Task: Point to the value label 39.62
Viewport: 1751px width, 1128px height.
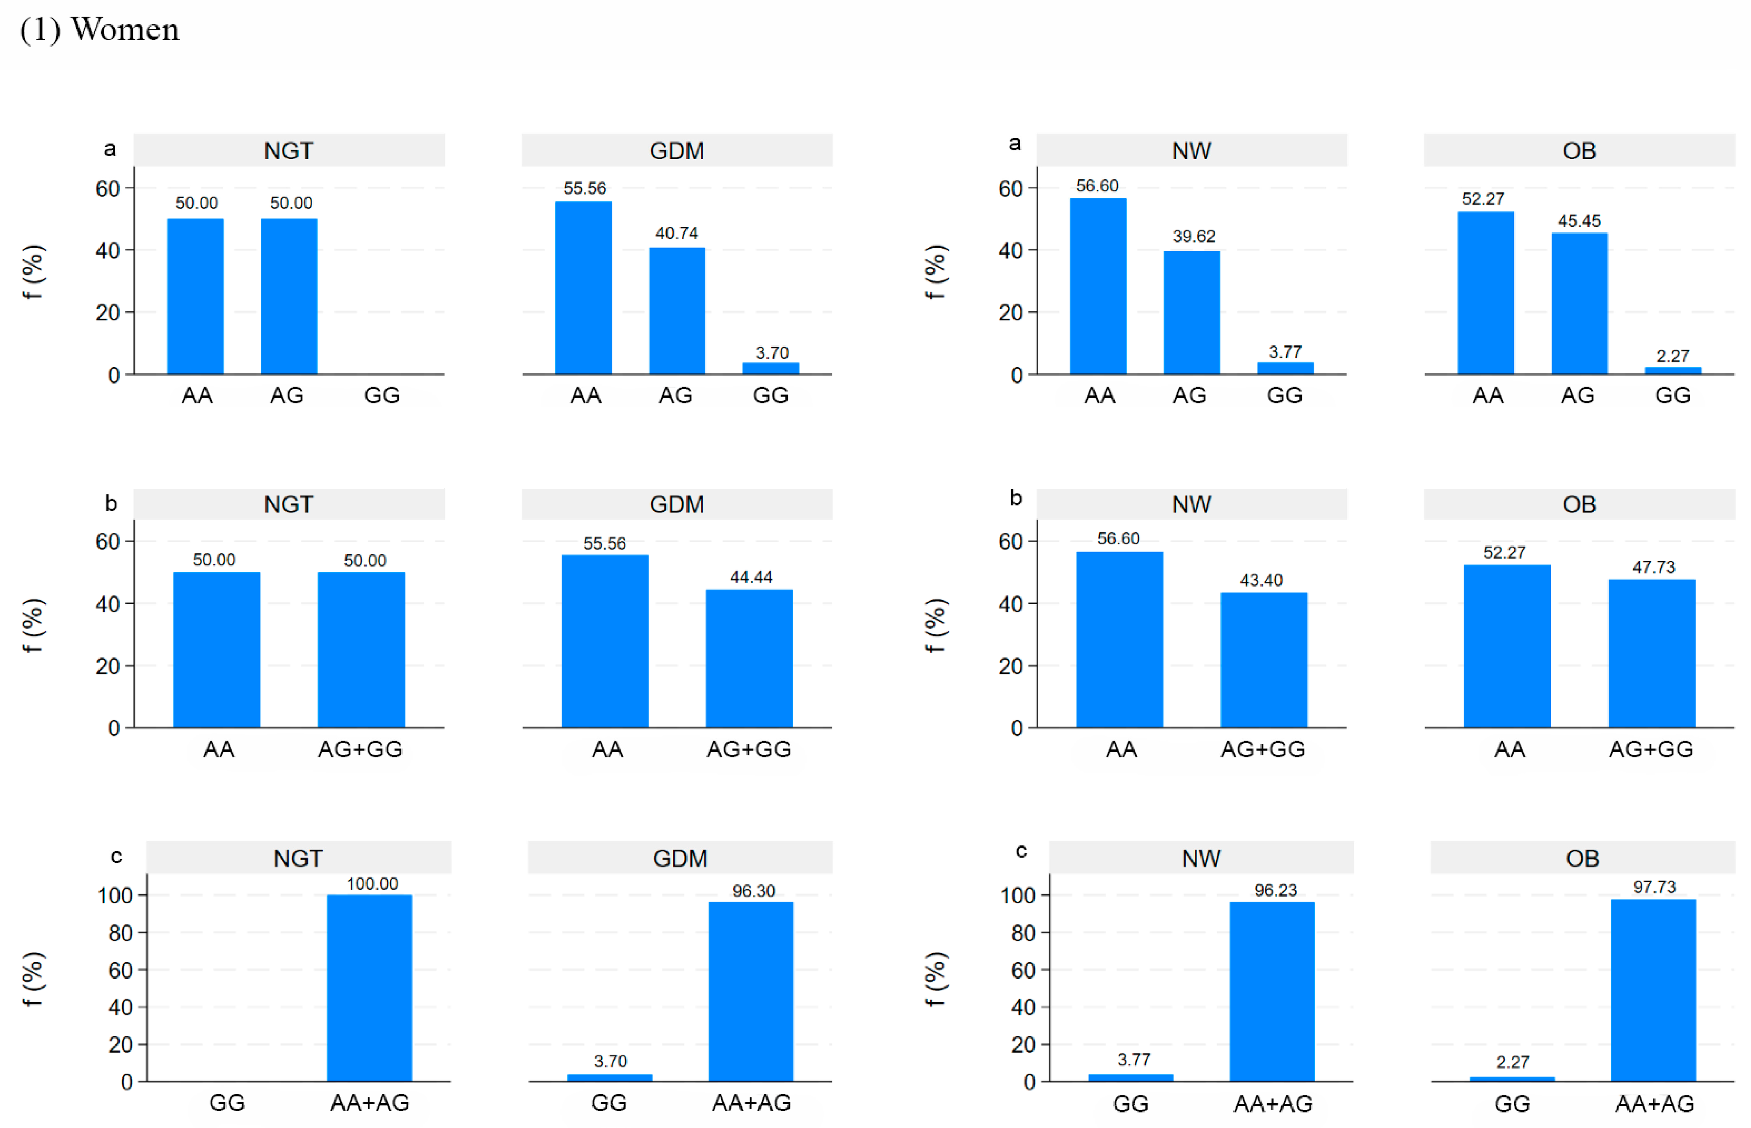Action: (x=1193, y=237)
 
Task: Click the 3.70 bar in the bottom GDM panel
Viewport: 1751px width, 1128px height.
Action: (x=610, y=1078)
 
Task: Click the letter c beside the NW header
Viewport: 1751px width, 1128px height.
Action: (x=1021, y=851)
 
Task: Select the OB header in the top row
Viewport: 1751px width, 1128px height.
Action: (x=1579, y=151)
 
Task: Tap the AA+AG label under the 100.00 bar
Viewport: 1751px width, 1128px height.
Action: (x=369, y=1103)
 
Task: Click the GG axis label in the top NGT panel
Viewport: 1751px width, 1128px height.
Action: (x=382, y=395)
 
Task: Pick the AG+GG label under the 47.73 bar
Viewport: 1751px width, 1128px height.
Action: (x=1650, y=749)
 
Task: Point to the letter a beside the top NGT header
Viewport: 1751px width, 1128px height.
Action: (x=110, y=148)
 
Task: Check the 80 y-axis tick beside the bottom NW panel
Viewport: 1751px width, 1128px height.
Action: (x=1024, y=933)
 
